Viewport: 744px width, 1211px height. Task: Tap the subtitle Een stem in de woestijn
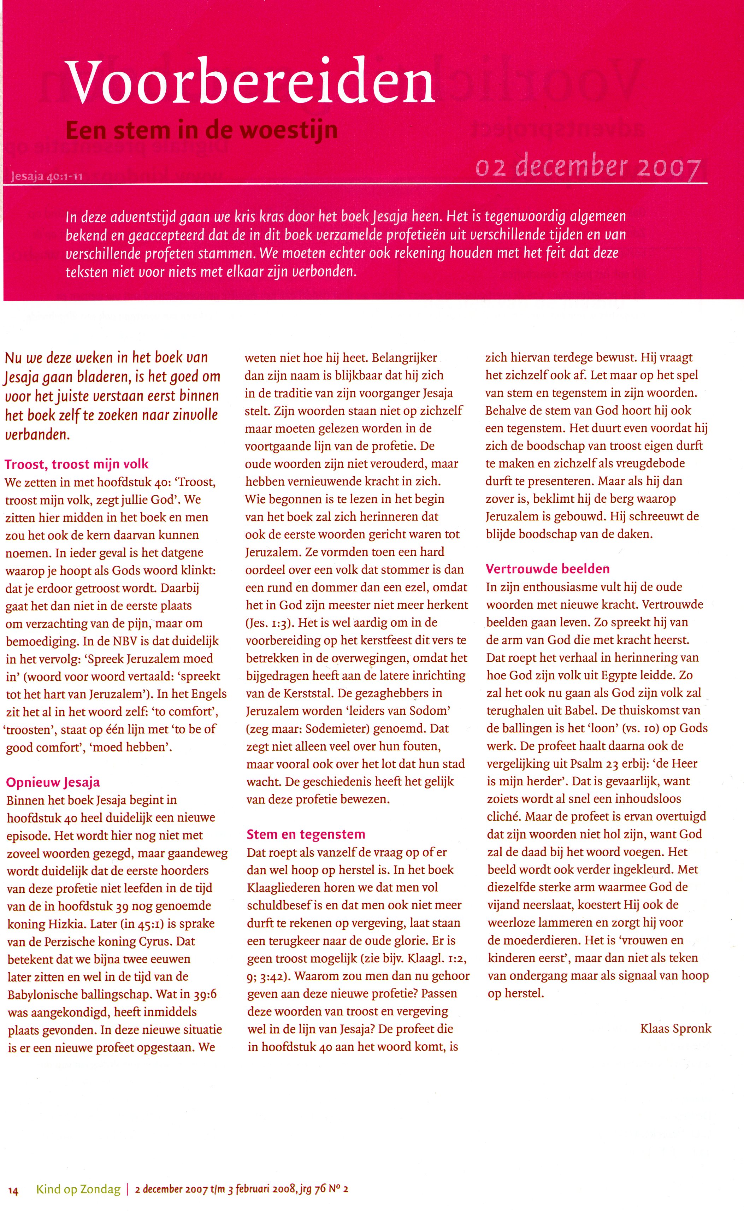click(x=202, y=130)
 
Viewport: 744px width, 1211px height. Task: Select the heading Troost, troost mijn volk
click(x=76, y=464)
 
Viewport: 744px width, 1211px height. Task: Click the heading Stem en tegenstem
click(x=306, y=834)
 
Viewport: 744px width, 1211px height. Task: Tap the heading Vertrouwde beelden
click(x=547, y=569)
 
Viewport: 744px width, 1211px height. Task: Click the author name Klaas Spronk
click(x=675, y=1028)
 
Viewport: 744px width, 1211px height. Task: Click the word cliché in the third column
click(x=504, y=817)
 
